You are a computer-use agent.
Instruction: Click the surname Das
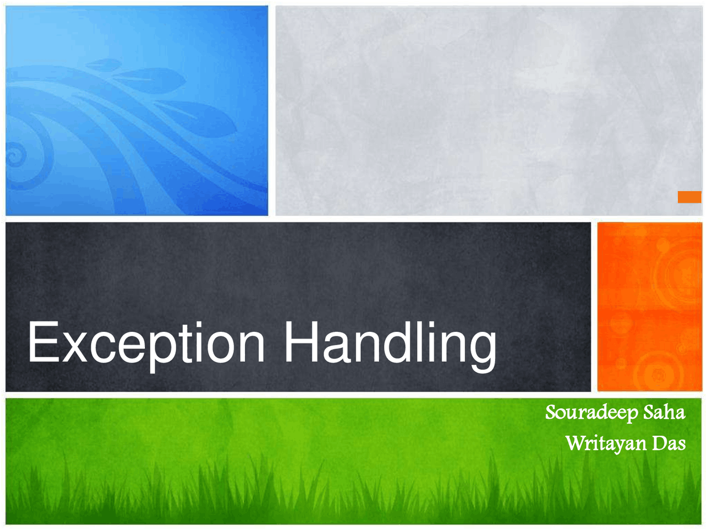point(669,443)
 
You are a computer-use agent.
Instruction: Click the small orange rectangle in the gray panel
point(690,197)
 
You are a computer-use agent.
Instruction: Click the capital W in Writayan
point(577,443)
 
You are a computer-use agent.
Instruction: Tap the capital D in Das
point(660,443)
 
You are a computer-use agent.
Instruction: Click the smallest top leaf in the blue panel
point(104,65)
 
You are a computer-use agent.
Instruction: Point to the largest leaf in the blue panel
point(197,118)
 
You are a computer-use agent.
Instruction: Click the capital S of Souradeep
point(551,413)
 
